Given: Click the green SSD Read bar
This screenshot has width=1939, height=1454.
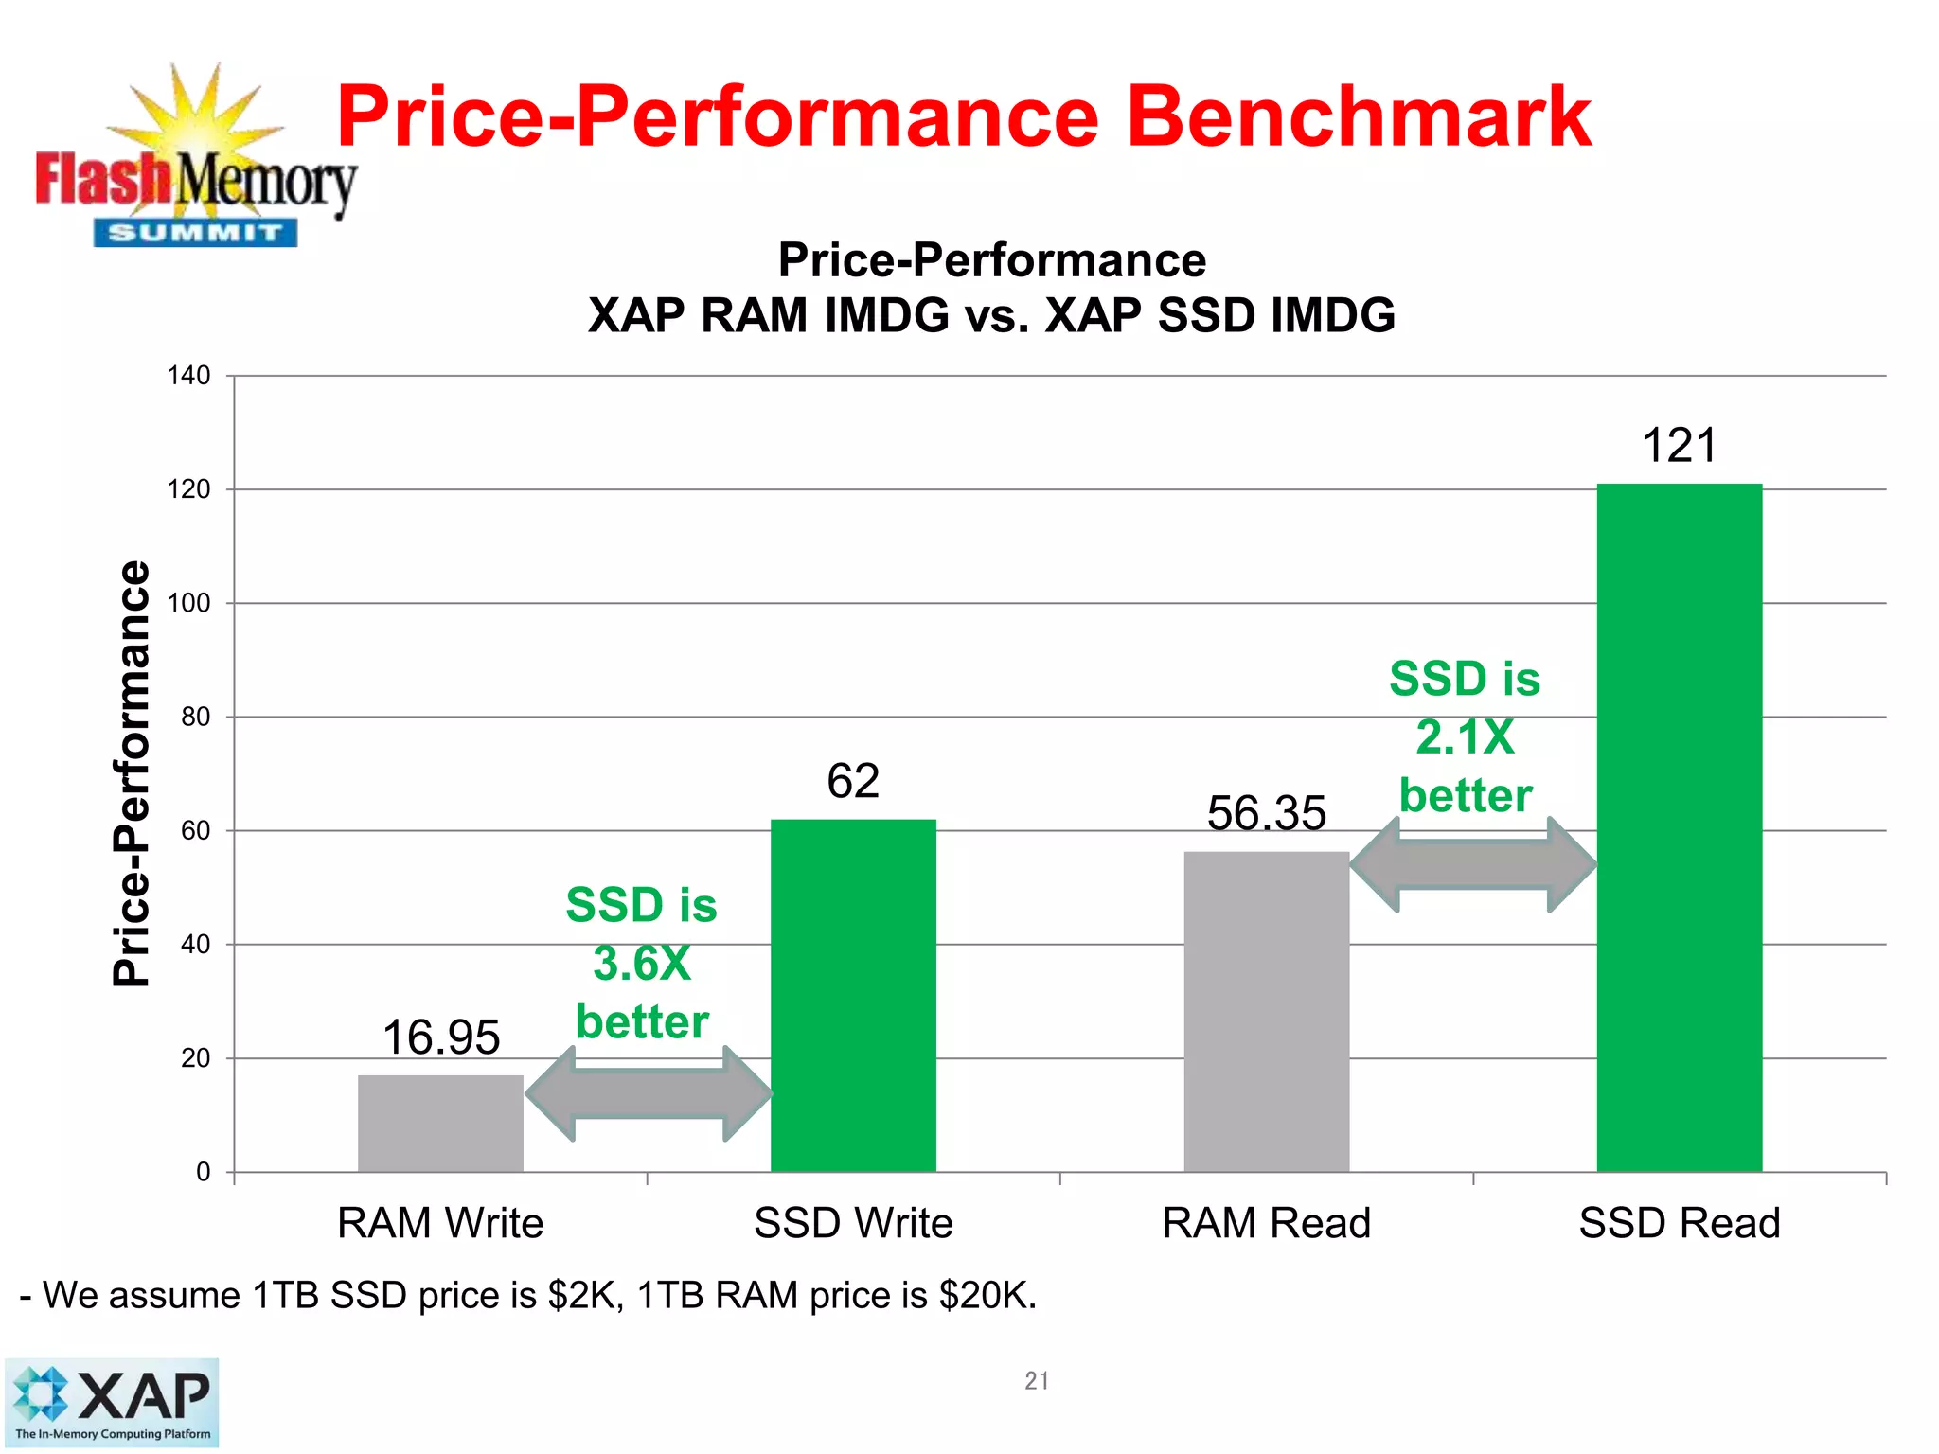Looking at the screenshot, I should [1679, 827].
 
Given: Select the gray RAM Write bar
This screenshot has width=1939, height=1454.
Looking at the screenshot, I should [440, 1124].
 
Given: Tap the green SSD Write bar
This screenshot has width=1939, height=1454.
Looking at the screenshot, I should [853, 995].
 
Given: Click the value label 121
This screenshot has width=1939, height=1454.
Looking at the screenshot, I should [1679, 445].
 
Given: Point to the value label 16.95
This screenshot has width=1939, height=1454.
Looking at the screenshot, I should [440, 1037].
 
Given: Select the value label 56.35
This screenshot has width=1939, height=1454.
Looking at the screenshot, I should [1266, 813].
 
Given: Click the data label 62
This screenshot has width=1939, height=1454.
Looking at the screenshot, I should [853, 781].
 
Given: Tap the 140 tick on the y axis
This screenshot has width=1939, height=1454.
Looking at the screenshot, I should [188, 376].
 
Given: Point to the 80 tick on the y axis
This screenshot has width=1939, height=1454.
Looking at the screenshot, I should [195, 717].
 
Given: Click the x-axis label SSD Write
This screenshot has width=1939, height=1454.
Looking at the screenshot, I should [853, 1223].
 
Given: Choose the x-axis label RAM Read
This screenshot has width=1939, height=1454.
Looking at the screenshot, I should [1266, 1223].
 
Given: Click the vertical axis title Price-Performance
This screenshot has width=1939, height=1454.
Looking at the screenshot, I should [132, 773].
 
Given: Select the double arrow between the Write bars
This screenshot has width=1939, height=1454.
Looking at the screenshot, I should [649, 1093].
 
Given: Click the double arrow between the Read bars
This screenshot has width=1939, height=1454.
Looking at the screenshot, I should [1473, 864].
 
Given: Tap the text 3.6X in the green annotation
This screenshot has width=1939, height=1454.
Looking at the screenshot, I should [642, 964].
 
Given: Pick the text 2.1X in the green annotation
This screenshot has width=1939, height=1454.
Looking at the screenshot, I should [1465, 736].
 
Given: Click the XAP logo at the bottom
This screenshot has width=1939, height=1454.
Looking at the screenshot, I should [112, 1402].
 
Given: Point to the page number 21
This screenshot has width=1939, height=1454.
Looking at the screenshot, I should [1036, 1381].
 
